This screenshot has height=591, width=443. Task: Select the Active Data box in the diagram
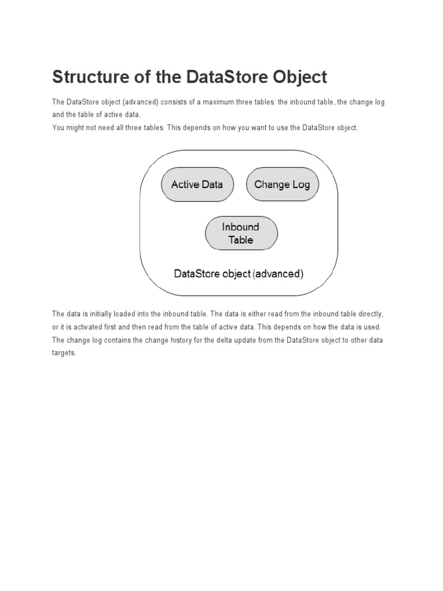[x=197, y=185]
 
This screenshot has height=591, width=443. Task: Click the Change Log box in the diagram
[x=282, y=185]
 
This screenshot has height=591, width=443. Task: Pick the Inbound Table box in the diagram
[x=241, y=233]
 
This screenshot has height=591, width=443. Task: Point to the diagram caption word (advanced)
[x=277, y=274]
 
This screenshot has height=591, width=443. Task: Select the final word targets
[x=63, y=353]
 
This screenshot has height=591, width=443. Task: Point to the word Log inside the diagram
[x=301, y=185]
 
